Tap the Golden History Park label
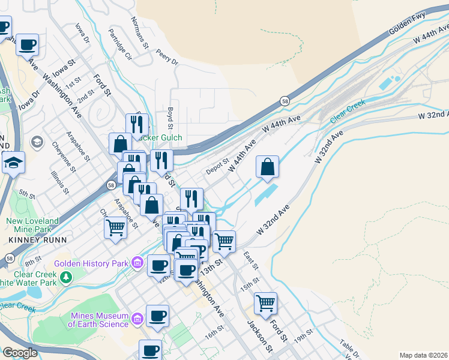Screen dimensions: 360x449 click(x=91, y=263)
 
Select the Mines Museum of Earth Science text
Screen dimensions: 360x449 click(x=99, y=320)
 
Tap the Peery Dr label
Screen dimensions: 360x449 click(x=166, y=58)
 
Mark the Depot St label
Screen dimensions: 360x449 click(x=217, y=166)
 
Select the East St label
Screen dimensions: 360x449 click(x=249, y=260)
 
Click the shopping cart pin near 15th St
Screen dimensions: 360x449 click(x=265, y=302)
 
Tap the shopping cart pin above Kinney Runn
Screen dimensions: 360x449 click(x=115, y=227)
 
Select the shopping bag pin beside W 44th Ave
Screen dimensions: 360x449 click(x=268, y=166)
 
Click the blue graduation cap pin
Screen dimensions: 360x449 click(x=13, y=163)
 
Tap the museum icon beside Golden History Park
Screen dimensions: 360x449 click(x=137, y=263)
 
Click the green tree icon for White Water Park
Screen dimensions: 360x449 click(x=66, y=277)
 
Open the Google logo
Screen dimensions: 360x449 click(x=20, y=353)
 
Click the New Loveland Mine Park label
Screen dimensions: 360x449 click(x=33, y=225)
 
